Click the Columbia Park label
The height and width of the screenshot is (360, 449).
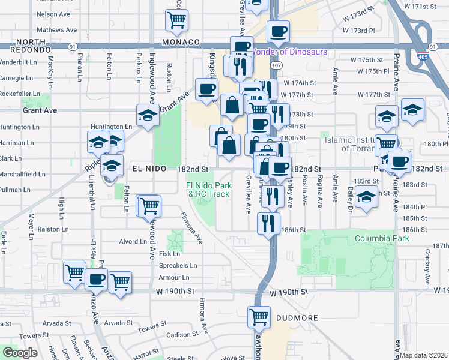(381, 238)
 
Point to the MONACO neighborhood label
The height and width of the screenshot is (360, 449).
(181, 42)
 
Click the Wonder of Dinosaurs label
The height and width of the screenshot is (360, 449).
(292, 52)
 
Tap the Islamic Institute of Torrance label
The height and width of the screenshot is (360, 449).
(355, 143)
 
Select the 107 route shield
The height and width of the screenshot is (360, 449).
(276, 65)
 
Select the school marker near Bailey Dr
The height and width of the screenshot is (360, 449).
(366, 196)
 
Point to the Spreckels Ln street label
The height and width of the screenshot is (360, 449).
(178, 265)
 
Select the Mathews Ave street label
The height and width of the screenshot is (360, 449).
(56, 29)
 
